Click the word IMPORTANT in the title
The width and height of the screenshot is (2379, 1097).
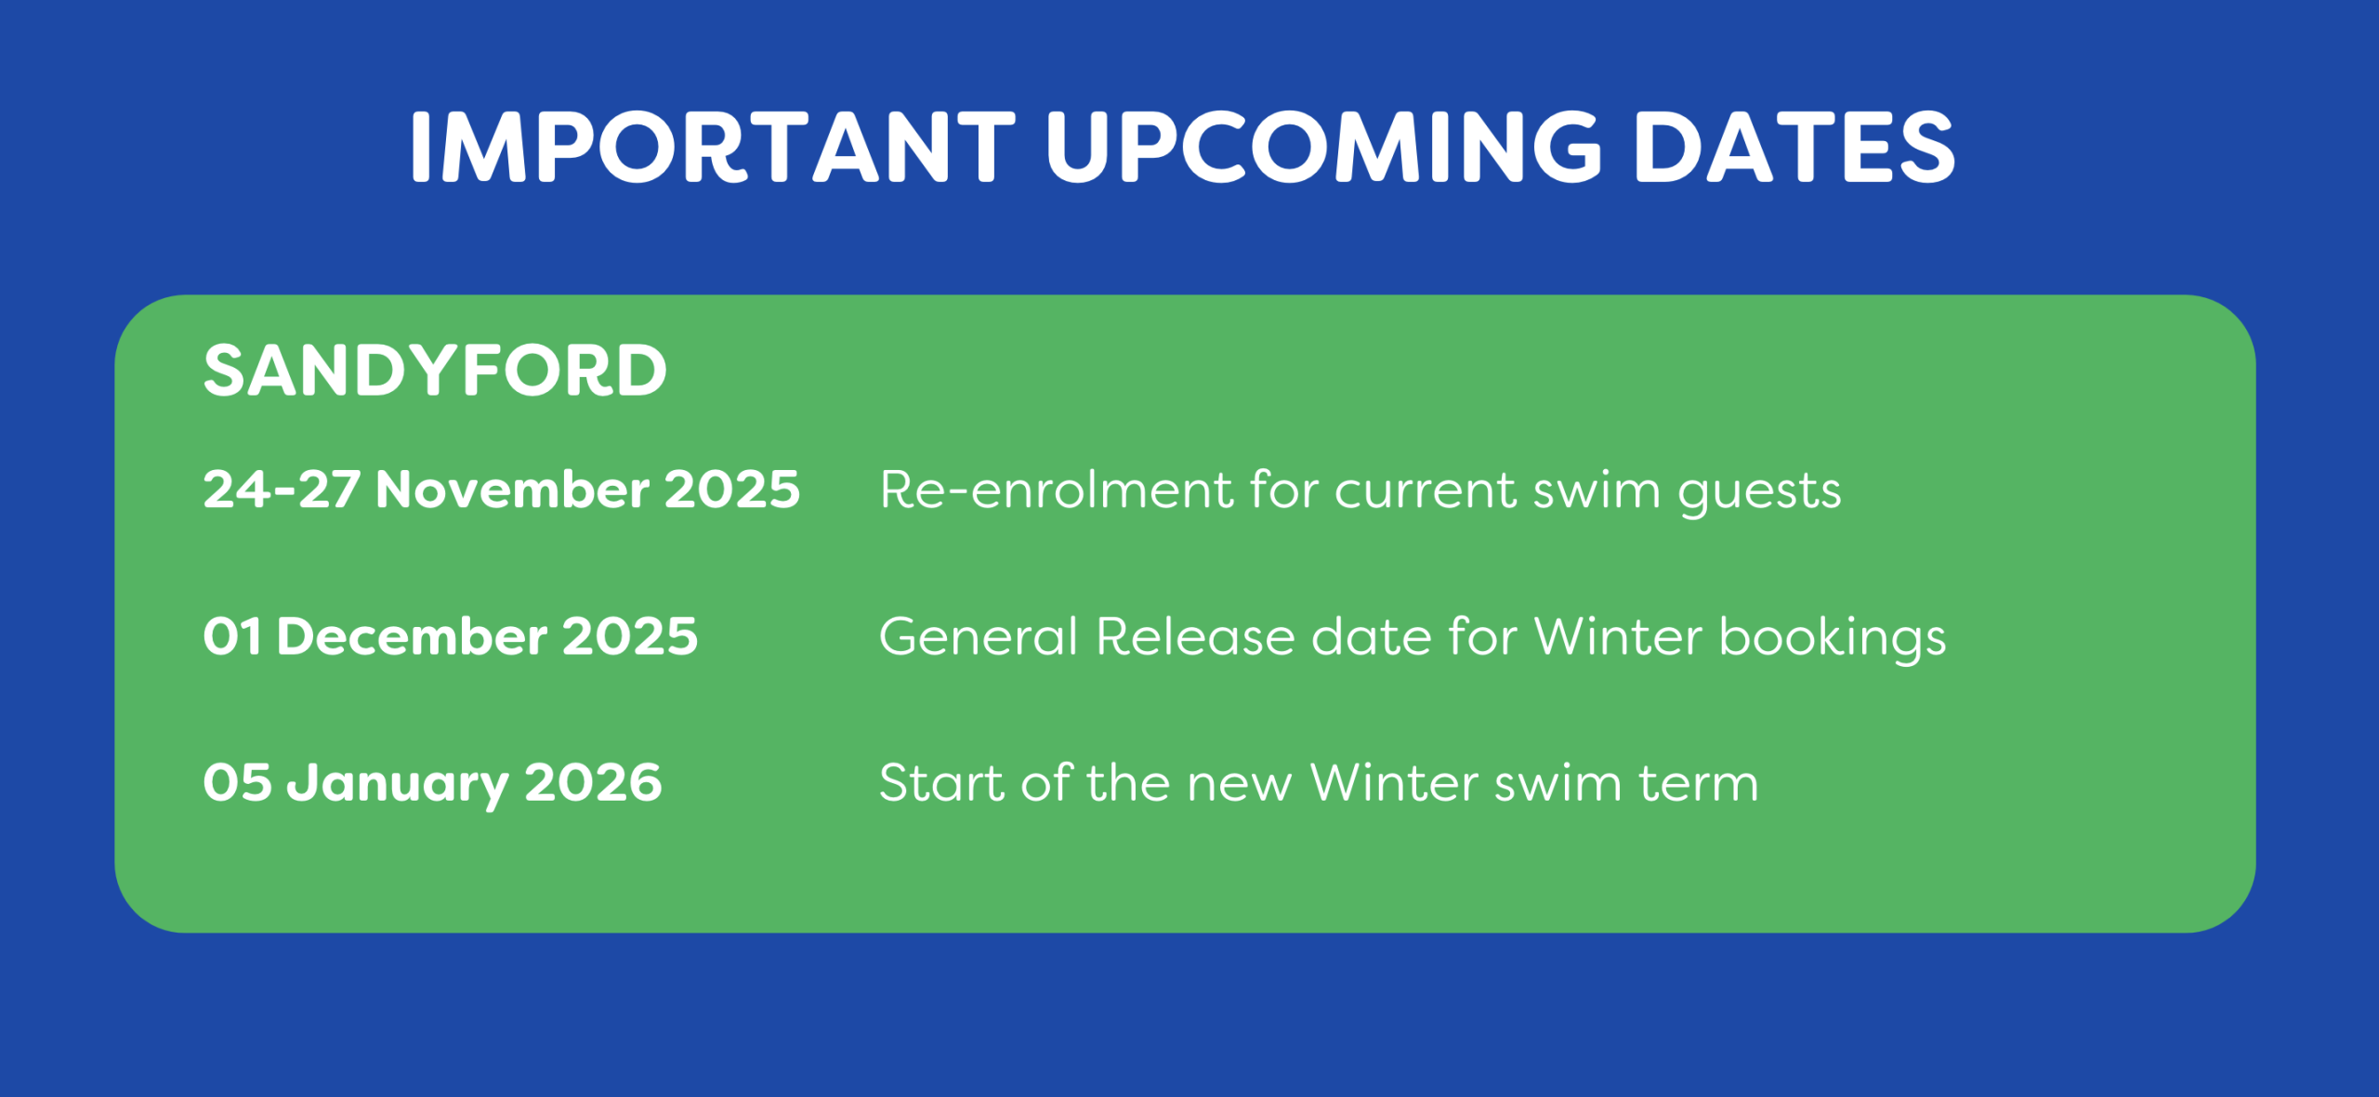(x=713, y=147)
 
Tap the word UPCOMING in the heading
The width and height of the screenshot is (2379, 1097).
(x=1325, y=147)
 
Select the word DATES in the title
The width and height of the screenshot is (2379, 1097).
(x=1794, y=147)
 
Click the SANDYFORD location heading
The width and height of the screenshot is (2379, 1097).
(x=435, y=371)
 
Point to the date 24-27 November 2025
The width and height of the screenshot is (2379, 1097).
(x=502, y=490)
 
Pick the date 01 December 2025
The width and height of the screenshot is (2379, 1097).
(x=451, y=637)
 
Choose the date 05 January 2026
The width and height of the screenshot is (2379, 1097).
(x=433, y=784)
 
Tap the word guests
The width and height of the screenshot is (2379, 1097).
(x=1759, y=492)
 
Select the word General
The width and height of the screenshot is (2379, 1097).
(x=979, y=637)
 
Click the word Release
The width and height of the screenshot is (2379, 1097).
(x=1196, y=637)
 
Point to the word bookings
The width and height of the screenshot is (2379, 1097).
(x=1833, y=639)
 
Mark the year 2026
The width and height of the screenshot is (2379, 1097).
(x=594, y=783)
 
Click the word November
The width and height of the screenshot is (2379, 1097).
(x=512, y=490)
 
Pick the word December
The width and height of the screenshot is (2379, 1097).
(x=412, y=637)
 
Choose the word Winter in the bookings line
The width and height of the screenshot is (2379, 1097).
(x=1618, y=637)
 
